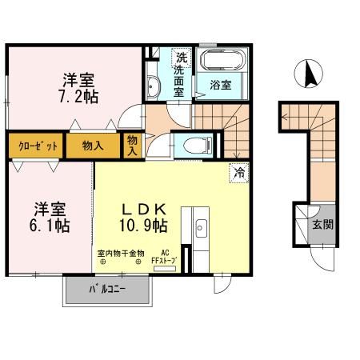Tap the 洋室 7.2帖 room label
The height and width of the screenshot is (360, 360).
pyautogui.click(x=80, y=88)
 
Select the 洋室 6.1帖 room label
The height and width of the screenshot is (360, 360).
pyautogui.click(x=50, y=218)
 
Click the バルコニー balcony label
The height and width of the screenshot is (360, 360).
pyautogui.click(x=106, y=289)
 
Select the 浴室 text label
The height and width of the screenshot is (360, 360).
pyautogui.click(x=222, y=83)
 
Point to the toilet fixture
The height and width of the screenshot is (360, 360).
pyautogui.click(x=197, y=145)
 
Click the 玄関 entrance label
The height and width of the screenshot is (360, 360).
pyautogui.click(x=322, y=225)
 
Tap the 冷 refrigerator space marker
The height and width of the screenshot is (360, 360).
pyautogui.click(x=238, y=171)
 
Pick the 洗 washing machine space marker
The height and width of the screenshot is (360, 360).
pyautogui.click(x=182, y=58)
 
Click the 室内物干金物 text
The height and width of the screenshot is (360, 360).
pyautogui.click(x=121, y=254)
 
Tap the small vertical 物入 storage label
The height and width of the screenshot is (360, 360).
pyautogui.click(x=133, y=145)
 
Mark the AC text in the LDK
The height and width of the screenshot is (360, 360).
pyautogui.click(x=165, y=253)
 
